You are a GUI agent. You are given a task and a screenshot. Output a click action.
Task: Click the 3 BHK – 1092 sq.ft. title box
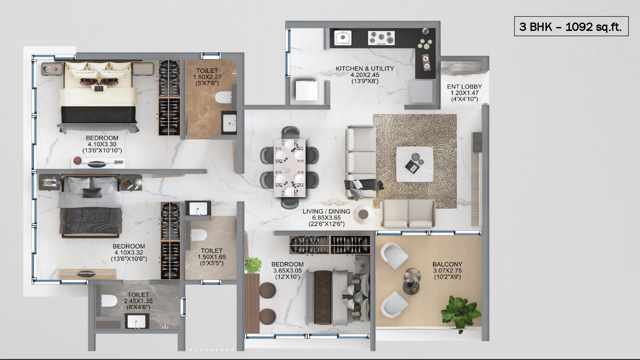(571, 26)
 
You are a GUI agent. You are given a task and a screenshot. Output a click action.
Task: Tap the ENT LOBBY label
(464, 87)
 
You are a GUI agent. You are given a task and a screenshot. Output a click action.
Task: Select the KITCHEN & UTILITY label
(364, 69)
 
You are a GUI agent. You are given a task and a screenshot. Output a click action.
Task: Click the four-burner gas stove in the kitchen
(381, 37)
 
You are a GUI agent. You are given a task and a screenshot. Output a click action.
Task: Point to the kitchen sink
(343, 37)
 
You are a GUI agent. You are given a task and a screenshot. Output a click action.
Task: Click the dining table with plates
(290, 168)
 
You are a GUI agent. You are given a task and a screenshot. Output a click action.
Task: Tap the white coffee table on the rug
(415, 164)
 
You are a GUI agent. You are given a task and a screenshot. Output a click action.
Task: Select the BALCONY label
(447, 264)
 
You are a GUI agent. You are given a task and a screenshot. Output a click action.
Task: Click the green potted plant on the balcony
(461, 311)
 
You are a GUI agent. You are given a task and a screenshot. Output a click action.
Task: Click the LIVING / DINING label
(326, 212)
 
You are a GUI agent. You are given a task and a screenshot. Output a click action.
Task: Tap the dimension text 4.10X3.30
(102, 144)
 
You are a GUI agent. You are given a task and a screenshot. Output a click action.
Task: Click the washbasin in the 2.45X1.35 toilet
(137, 321)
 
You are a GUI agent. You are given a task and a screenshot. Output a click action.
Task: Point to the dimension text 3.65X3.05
(287, 271)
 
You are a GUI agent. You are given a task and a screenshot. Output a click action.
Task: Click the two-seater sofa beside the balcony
(408, 213)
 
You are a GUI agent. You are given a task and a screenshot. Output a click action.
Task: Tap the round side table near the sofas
(363, 213)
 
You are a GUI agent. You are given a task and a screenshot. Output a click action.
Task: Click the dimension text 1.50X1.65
(212, 257)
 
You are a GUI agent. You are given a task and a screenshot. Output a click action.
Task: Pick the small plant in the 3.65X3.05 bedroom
(253, 265)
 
